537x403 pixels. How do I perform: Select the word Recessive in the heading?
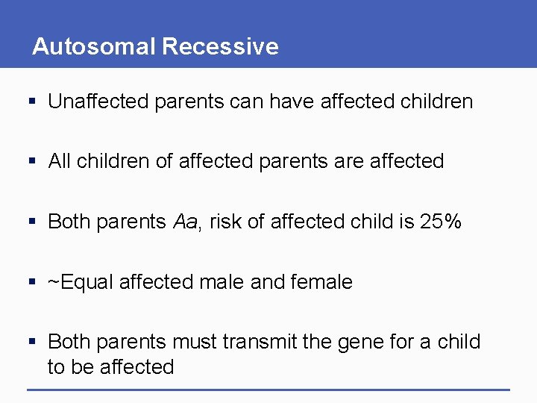(220, 47)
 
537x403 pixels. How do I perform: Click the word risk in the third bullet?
(224, 222)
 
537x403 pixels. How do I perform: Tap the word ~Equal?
(80, 282)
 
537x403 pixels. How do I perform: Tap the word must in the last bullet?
(193, 342)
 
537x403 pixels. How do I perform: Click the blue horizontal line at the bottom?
(268, 390)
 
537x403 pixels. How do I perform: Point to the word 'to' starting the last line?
(57, 367)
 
